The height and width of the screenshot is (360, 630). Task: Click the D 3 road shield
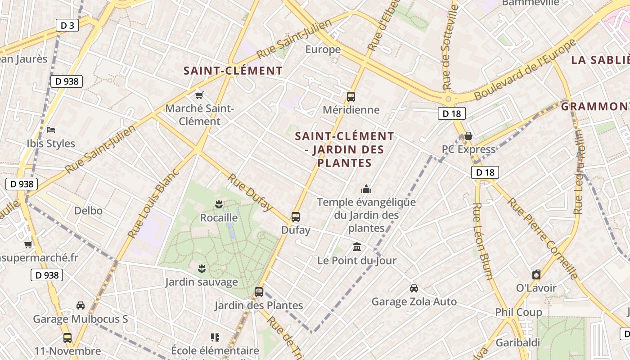point(67,26)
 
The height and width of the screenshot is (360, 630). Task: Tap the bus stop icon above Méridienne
point(351,96)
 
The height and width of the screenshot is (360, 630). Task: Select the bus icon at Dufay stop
point(296,216)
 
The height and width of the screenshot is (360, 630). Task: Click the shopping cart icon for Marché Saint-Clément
point(199,95)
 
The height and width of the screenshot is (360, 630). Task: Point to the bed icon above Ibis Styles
point(51,130)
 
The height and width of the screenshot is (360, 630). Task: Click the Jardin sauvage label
point(201,282)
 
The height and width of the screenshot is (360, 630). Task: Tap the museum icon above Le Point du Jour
point(357,247)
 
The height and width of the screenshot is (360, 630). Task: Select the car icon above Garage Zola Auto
point(414,288)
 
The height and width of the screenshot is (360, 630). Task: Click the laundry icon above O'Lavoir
point(536,274)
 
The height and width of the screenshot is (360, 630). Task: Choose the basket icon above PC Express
point(468,136)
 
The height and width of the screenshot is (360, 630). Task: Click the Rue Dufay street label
point(250,192)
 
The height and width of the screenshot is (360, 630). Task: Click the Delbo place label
point(88,211)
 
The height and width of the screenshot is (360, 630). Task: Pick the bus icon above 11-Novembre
point(67,337)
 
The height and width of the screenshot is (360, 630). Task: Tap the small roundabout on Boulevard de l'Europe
point(448,99)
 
